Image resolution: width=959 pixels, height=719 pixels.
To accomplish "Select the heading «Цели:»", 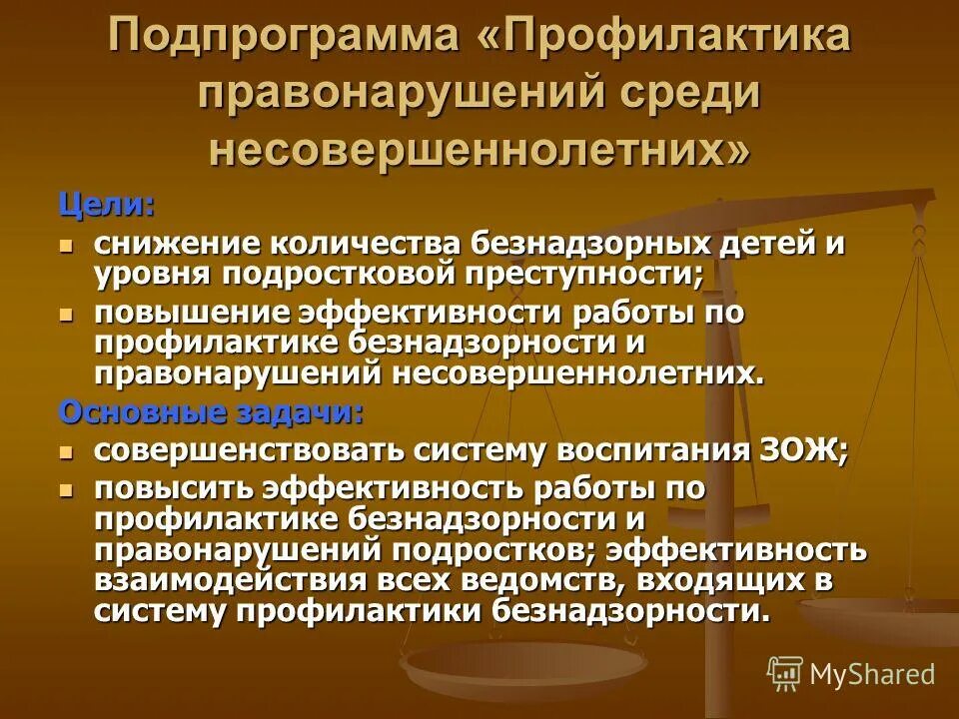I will (x=106, y=206).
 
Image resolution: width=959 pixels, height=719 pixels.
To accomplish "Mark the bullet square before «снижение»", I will (x=67, y=245).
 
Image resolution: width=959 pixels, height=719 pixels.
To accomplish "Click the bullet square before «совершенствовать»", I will (x=67, y=451).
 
